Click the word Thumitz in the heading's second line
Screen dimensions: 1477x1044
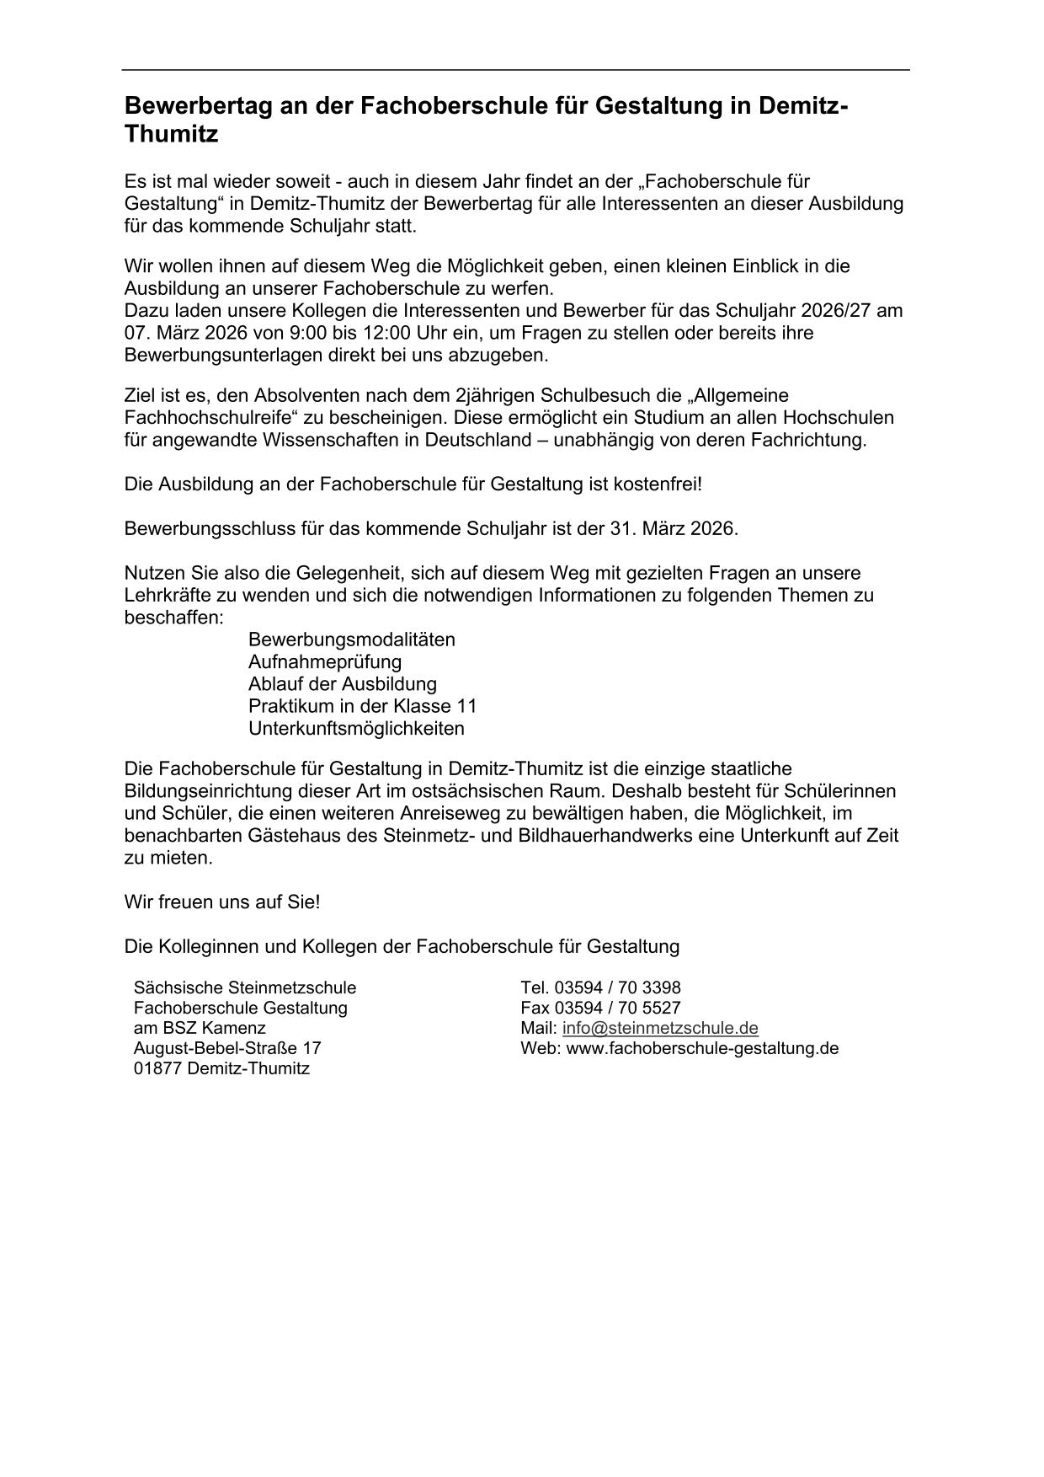[171, 134]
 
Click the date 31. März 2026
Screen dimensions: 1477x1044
[673, 529]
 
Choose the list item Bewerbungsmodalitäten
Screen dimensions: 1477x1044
[351, 639]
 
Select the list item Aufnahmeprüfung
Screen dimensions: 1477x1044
[324, 661]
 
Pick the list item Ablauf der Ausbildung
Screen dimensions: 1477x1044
[342, 683]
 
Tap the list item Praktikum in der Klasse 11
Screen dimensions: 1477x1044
[362, 706]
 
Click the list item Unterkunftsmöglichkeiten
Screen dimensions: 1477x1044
[356, 728]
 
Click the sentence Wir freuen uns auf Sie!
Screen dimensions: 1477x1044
[222, 902]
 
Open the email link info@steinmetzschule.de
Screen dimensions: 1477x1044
[660, 1028]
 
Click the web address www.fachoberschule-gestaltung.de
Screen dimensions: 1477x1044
[702, 1048]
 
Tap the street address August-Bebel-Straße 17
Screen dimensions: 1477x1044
[227, 1048]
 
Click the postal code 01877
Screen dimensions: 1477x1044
[157, 1068]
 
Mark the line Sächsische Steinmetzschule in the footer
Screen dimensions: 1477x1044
[244, 987]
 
